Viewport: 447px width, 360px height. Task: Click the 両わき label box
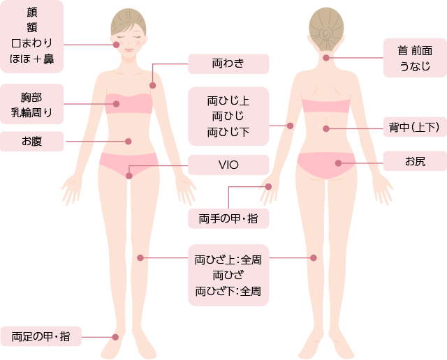228,63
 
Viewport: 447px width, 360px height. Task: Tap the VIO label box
228,165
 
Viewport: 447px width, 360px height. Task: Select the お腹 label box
32,141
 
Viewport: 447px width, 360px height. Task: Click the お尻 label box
415,162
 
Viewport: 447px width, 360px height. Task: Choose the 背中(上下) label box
414,127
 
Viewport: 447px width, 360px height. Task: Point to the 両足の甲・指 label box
41,336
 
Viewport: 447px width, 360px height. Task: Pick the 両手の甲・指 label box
228,218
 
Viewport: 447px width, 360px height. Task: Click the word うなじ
415,67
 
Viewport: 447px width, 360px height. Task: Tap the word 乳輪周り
32,111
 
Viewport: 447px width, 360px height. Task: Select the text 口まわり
32,43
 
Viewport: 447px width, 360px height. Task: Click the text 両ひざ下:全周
228,290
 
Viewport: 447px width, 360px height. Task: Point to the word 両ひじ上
228,100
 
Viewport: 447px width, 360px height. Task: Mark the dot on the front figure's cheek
116,45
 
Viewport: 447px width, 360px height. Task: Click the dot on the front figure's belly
129,141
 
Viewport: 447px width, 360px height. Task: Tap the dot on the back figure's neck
326,58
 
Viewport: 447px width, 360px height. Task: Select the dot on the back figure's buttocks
338,163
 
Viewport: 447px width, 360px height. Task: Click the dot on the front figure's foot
116,337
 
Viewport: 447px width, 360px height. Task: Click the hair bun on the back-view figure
326,31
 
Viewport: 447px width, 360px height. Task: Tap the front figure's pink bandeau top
129,104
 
